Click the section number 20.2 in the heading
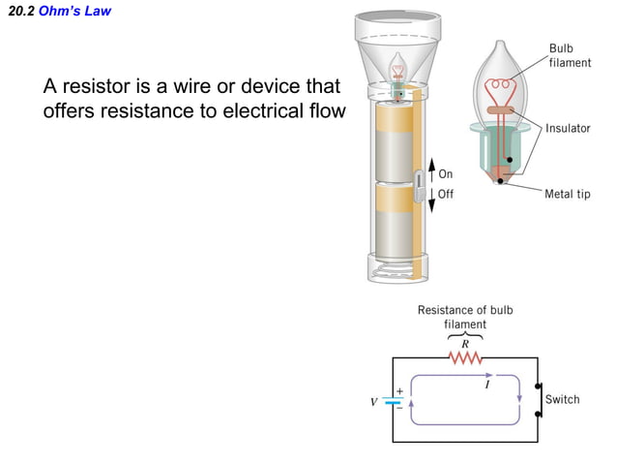[x=19, y=12]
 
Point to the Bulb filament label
[x=570, y=55]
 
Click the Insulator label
[x=568, y=128]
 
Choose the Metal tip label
[x=568, y=194]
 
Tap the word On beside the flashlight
[x=446, y=174]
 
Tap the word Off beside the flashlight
[x=446, y=194]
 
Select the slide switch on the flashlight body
[x=420, y=184]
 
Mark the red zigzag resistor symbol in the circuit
[x=466, y=358]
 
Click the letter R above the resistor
[x=465, y=343]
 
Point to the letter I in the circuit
[x=486, y=386]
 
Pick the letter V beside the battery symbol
[x=373, y=400]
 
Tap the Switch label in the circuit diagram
[x=563, y=399]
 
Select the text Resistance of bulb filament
[x=465, y=317]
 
